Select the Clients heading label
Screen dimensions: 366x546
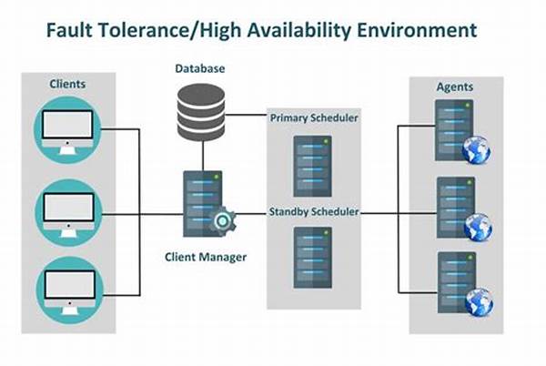pos(67,85)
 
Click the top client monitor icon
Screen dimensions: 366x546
pos(67,128)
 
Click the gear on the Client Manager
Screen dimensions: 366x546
pos(222,220)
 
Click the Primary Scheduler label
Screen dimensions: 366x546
pos(311,118)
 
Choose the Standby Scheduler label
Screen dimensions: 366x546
pos(313,212)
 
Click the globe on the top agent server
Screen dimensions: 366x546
pos(476,150)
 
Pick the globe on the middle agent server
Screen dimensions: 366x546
pos(476,226)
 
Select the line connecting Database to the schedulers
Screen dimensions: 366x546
pos(246,116)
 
